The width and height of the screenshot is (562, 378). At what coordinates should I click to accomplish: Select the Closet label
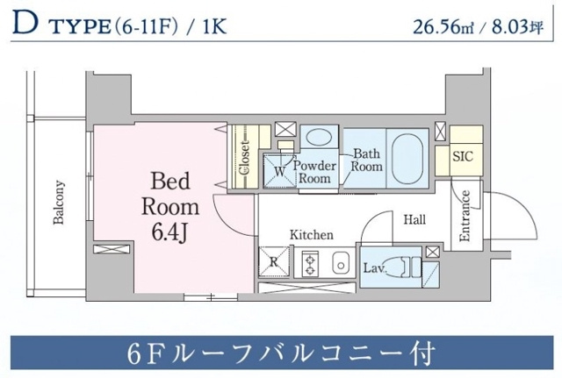pyautogui.click(x=244, y=158)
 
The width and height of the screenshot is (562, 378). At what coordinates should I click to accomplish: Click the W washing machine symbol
pyautogui.click(x=279, y=172)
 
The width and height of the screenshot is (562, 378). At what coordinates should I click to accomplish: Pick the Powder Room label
pyautogui.click(x=313, y=171)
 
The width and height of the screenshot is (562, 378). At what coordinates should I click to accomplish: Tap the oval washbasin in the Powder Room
pyautogui.click(x=318, y=137)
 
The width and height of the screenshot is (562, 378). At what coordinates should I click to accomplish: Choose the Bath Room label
pyautogui.click(x=366, y=160)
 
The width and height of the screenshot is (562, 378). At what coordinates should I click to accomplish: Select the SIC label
pyautogui.click(x=462, y=158)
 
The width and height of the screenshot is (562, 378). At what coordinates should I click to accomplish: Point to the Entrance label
pyautogui.click(x=465, y=217)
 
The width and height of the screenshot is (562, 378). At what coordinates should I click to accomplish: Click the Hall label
pyautogui.click(x=414, y=219)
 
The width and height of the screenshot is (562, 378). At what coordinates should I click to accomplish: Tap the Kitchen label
pyautogui.click(x=313, y=235)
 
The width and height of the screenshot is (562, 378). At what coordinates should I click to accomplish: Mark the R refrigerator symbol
pyautogui.click(x=273, y=261)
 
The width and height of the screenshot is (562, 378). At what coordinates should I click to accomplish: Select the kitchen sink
pyautogui.click(x=339, y=260)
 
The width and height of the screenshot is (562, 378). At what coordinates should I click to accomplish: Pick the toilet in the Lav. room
pyautogui.click(x=407, y=266)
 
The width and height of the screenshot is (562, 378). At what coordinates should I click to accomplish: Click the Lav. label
pyautogui.click(x=372, y=266)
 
